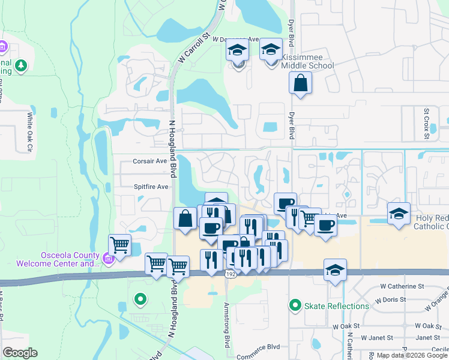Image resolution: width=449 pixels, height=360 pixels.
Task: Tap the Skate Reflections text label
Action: pos(336,306)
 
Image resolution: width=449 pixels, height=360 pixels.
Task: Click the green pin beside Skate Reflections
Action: pos(295,306)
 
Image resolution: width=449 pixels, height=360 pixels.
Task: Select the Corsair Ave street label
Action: pos(149,161)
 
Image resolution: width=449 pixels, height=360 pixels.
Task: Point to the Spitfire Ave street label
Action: pos(151,187)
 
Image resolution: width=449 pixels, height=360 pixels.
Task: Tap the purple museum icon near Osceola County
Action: pos(108,259)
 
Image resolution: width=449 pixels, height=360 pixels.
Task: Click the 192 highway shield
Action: pos(230,274)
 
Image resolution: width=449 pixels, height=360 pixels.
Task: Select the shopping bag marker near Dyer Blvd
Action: pos(300,83)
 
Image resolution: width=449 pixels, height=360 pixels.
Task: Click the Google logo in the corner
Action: pos(20,353)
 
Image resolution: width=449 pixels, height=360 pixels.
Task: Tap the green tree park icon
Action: pos(22,65)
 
